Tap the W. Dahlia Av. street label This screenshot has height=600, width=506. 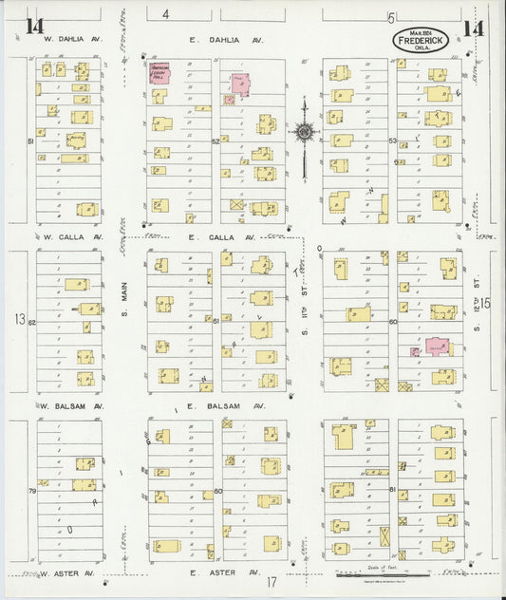pos(70,41)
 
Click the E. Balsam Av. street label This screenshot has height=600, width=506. pos(225,406)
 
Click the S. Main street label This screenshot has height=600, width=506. pos(124,312)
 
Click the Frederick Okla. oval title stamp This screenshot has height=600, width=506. pos(422,41)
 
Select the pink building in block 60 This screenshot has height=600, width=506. pos(437,347)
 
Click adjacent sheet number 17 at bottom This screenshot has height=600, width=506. pos(271,581)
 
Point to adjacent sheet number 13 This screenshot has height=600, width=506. pos(20,319)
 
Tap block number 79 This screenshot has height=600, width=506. pos(31,491)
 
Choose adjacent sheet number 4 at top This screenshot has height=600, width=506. pos(165,14)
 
